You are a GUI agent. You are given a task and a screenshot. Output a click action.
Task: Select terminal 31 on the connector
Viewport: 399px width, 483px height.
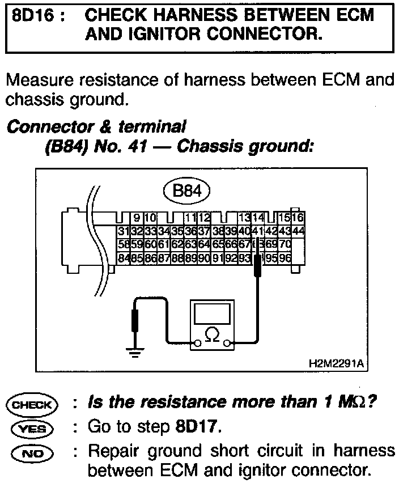click(122, 231)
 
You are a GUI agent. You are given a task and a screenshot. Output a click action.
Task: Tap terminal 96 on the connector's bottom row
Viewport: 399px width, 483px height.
click(287, 256)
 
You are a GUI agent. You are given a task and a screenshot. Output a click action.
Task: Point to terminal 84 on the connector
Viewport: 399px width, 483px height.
click(122, 256)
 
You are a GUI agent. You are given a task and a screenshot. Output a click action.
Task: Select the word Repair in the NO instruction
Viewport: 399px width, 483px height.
click(118, 451)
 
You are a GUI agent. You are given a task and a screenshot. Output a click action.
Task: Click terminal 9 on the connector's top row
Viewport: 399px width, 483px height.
click(137, 218)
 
